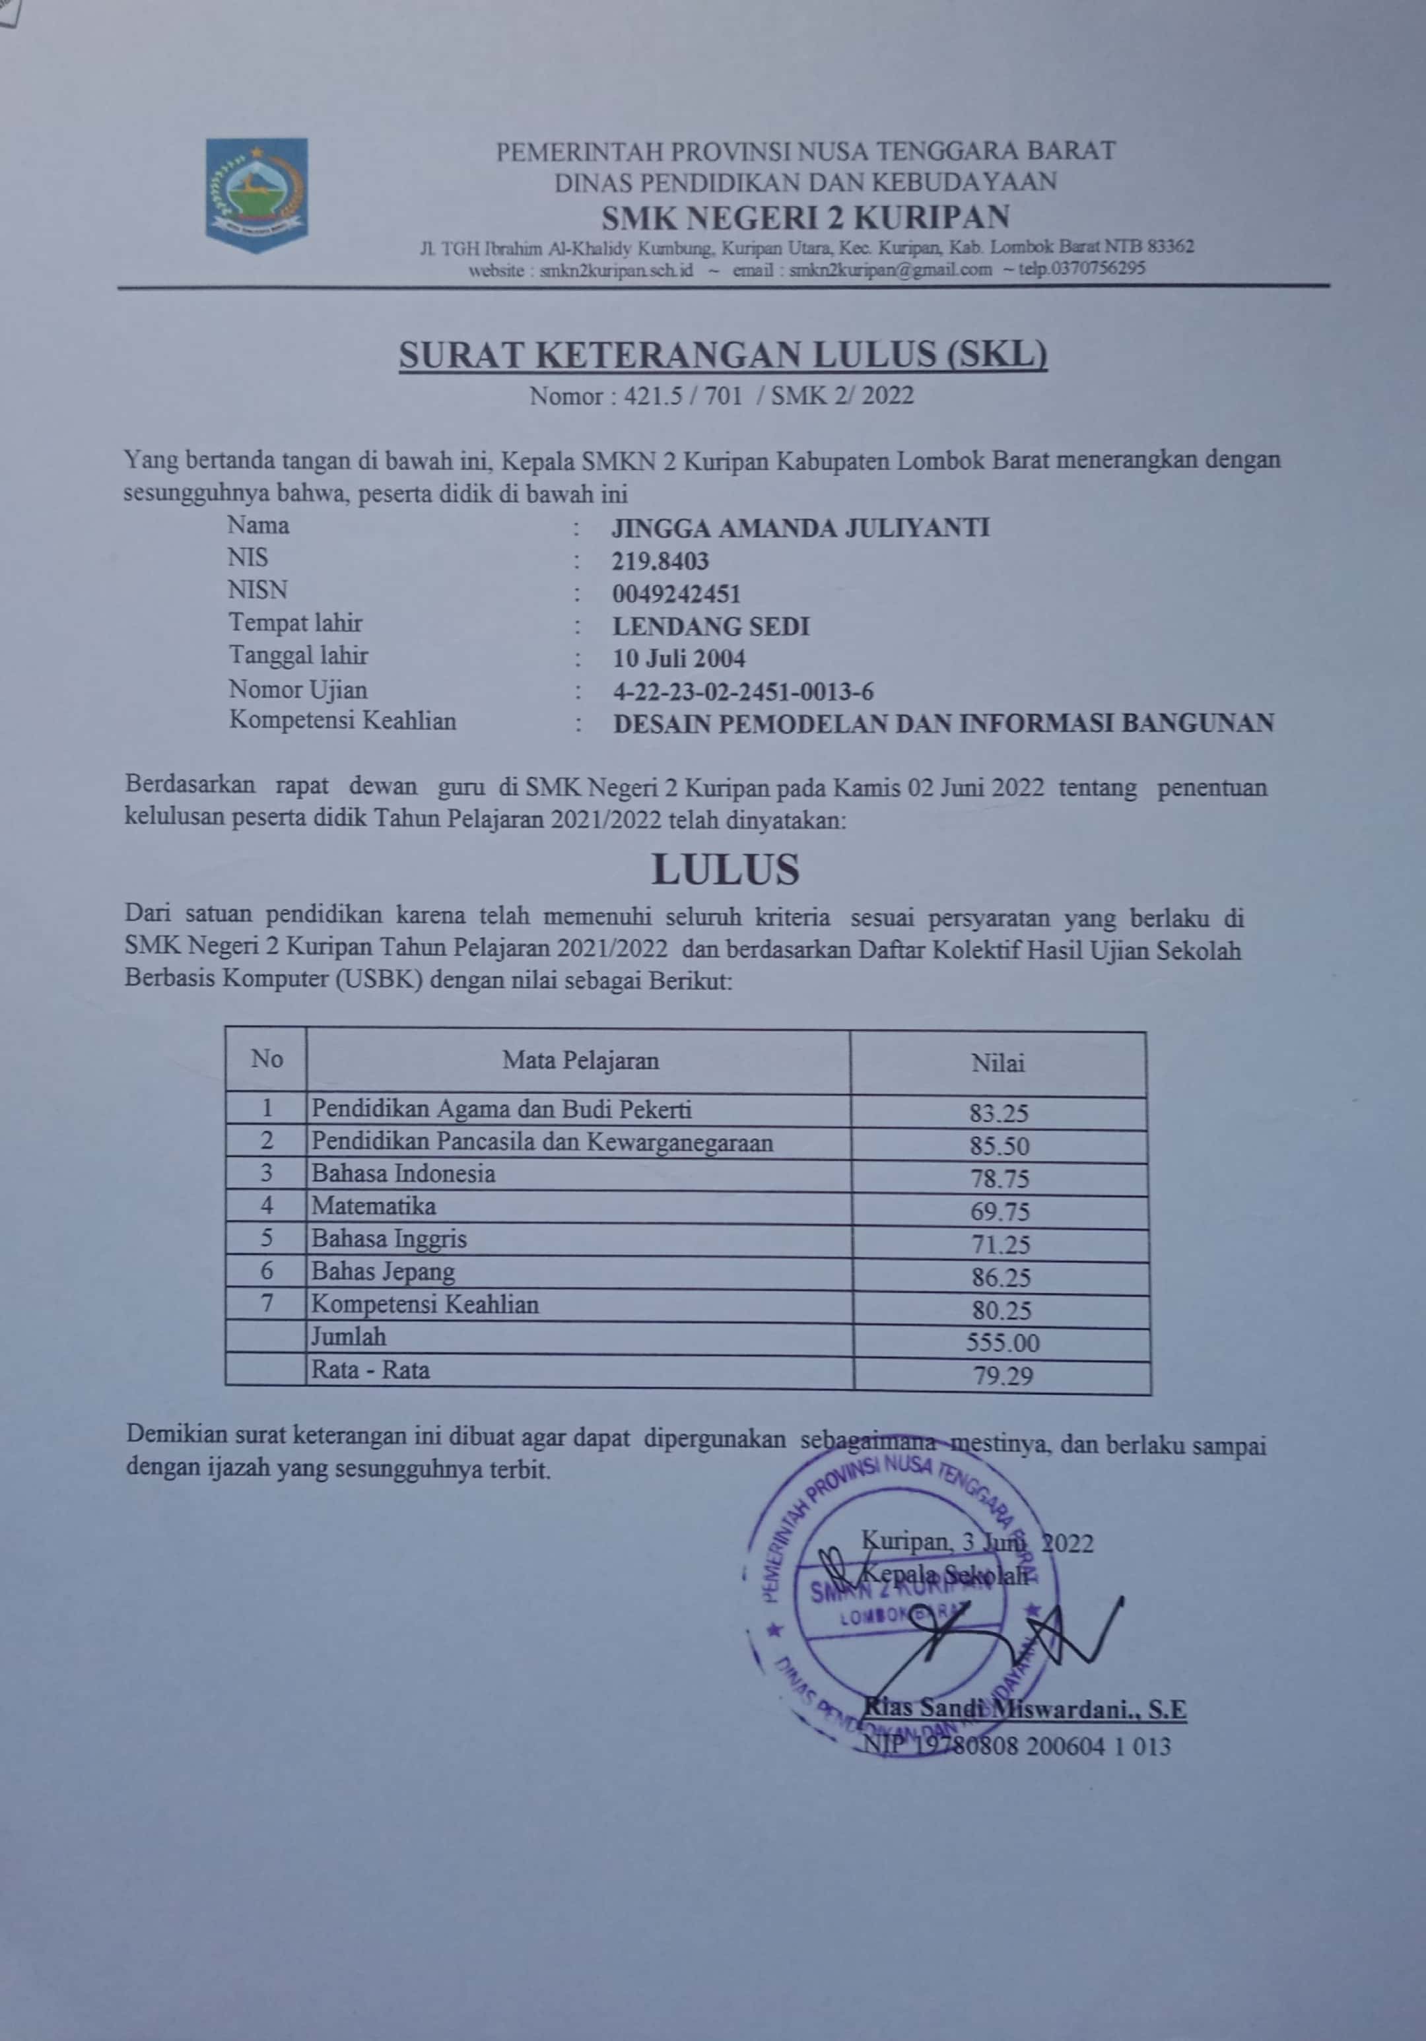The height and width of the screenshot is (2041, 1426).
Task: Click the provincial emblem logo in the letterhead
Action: (256, 194)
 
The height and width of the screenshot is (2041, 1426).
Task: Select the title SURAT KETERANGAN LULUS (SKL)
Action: (723, 356)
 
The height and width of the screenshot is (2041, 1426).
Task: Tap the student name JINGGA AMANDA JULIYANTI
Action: (800, 528)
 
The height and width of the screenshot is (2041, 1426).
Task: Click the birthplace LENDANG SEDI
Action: (710, 626)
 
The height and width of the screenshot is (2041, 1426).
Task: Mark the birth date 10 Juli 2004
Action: (678, 659)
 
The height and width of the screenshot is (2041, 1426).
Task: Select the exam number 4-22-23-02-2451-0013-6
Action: (743, 692)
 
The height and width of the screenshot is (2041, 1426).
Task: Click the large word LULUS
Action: (726, 870)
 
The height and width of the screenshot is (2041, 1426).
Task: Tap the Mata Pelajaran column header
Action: (580, 1061)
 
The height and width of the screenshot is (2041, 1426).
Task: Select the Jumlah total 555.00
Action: (1002, 1343)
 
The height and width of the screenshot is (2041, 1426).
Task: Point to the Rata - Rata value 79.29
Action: (1002, 1377)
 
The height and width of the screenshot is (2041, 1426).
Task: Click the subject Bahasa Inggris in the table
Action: (388, 1239)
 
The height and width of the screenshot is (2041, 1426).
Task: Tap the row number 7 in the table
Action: (266, 1304)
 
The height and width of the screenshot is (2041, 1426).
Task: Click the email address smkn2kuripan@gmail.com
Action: (890, 269)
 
